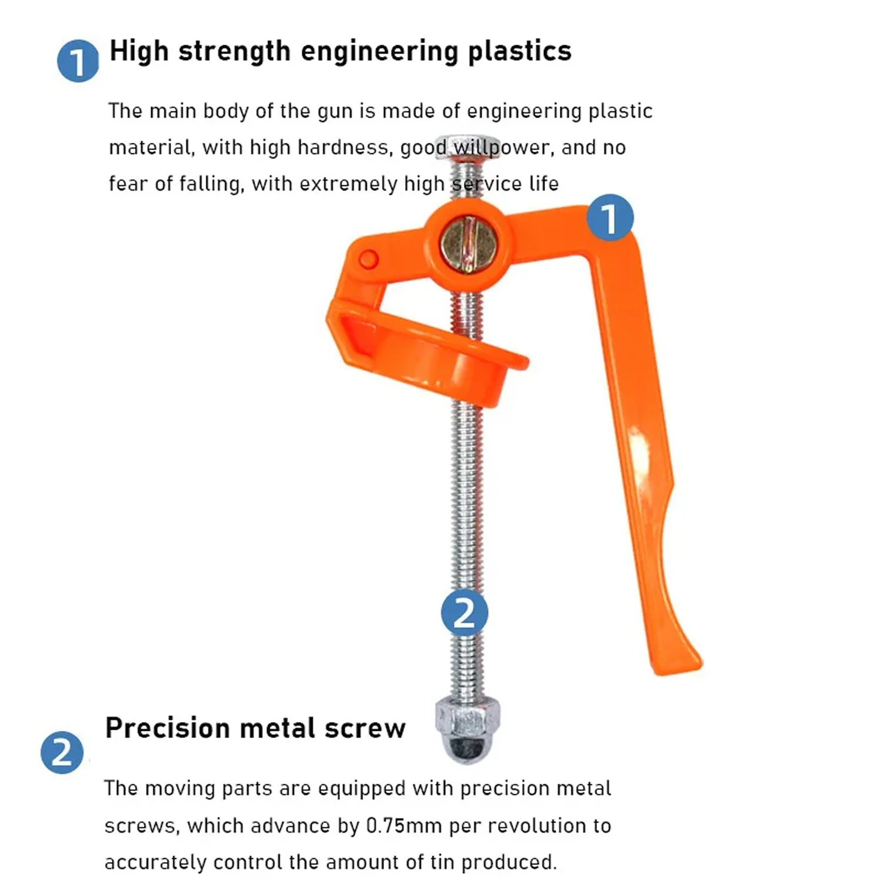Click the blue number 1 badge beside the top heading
click(78, 61)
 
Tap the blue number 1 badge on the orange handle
click(610, 218)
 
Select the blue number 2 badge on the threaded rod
click(465, 613)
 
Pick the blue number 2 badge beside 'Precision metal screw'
click(62, 753)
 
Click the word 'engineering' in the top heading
click(379, 52)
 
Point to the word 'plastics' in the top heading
click(520, 51)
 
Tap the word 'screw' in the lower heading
click(365, 729)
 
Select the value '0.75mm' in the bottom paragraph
click(404, 826)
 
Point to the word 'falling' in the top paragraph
click(211, 184)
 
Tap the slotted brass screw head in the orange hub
click(469, 243)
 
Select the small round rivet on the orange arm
click(369, 259)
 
